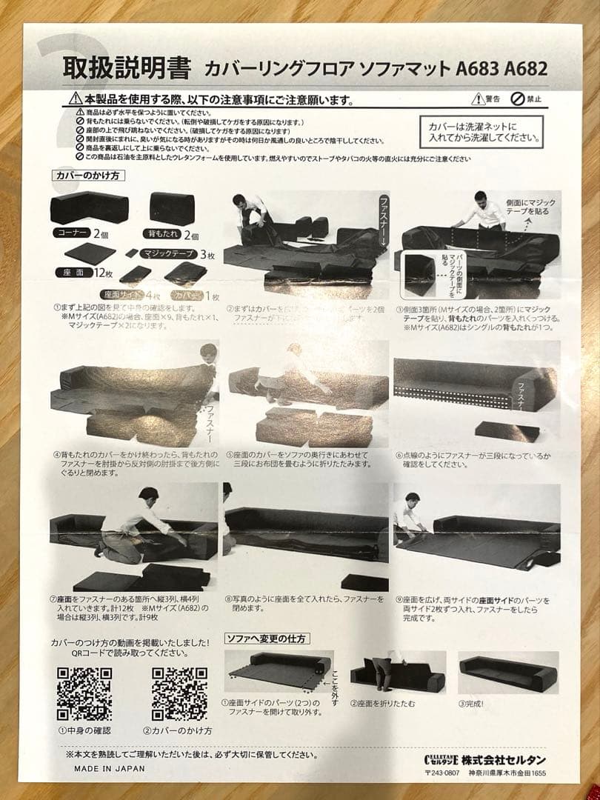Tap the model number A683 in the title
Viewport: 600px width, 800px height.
pyautogui.click(x=478, y=69)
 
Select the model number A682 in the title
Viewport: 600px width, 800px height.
pyautogui.click(x=525, y=69)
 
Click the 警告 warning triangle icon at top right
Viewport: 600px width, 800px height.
pyautogui.click(x=477, y=99)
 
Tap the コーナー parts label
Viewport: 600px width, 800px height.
pyautogui.click(x=72, y=233)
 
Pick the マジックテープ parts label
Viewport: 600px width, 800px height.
pyautogui.click(x=168, y=253)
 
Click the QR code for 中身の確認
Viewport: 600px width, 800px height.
pyautogui.click(x=84, y=694)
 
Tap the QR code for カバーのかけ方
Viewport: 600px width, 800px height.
pyautogui.click(x=179, y=694)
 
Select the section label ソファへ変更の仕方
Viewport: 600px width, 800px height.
pyautogui.click(x=267, y=638)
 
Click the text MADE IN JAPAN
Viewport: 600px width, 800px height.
pyautogui.click(x=109, y=768)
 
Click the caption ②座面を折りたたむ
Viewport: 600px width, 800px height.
pyautogui.click(x=383, y=704)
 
